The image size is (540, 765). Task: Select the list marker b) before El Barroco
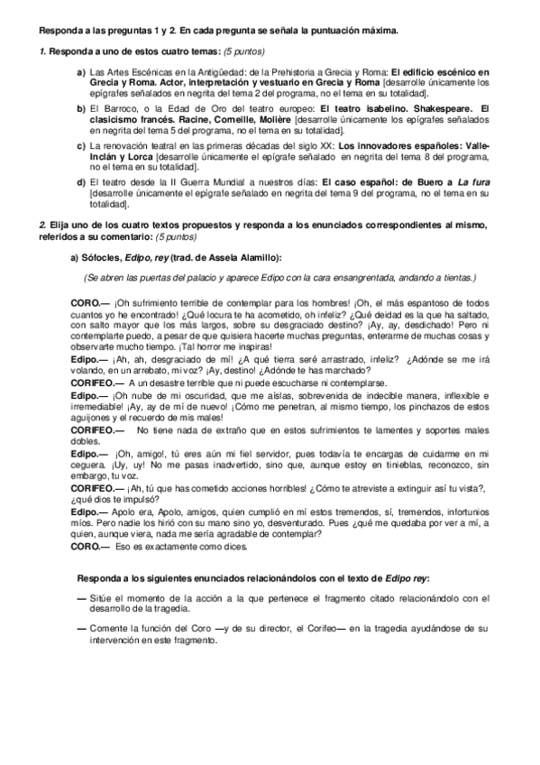pos(80,106)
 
